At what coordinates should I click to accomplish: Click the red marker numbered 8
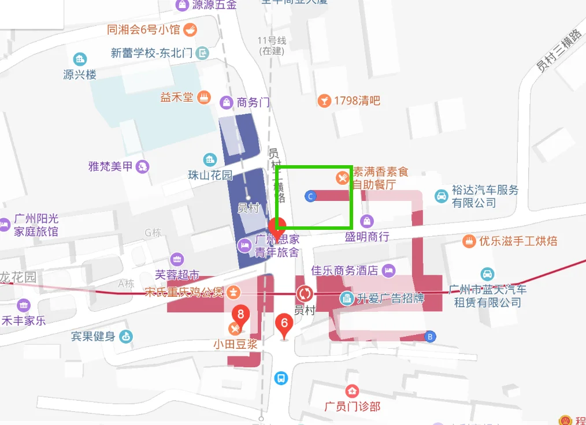pyautogui.click(x=241, y=315)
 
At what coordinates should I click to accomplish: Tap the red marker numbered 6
pyautogui.click(x=284, y=324)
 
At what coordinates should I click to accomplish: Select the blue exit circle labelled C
pyautogui.click(x=310, y=196)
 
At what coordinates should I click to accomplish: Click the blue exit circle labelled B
pyautogui.click(x=429, y=337)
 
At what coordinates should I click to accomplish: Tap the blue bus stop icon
pyautogui.click(x=281, y=379)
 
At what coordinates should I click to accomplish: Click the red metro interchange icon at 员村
pyautogui.click(x=305, y=293)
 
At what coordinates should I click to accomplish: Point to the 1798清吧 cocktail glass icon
pyautogui.click(x=324, y=101)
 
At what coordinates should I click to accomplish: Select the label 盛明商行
pyautogui.click(x=367, y=237)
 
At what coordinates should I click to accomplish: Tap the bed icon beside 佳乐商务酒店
pyautogui.click(x=389, y=270)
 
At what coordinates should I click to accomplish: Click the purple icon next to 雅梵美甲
pyautogui.click(x=142, y=167)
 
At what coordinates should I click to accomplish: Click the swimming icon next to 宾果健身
pyautogui.click(x=126, y=337)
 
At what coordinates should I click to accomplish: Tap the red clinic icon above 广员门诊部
pyautogui.click(x=351, y=392)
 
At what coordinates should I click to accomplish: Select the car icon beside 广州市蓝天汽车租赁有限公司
pyautogui.click(x=488, y=274)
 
